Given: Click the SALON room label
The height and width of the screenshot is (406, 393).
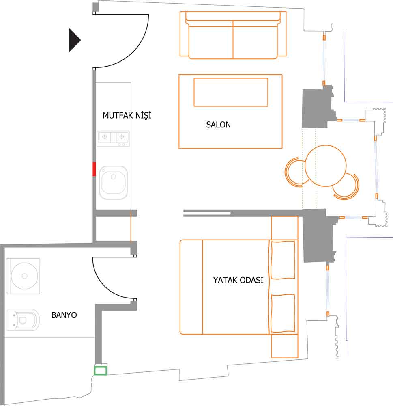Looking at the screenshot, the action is [218, 125].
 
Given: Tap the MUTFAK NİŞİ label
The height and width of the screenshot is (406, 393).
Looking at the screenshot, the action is [127, 115].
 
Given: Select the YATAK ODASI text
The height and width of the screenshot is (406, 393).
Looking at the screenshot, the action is [238, 280].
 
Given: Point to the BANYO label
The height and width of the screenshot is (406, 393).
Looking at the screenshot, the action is [64, 315].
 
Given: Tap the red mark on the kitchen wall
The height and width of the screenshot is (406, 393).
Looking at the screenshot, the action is [94, 169].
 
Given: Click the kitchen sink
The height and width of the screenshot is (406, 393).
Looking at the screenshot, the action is [113, 182].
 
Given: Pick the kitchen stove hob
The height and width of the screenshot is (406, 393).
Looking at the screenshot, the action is [113, 138].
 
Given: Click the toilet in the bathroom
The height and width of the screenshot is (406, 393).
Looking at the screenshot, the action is [23, 320].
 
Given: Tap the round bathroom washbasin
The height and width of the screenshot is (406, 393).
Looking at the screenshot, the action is [24, 276].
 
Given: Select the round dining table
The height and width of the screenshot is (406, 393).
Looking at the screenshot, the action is [326, 166].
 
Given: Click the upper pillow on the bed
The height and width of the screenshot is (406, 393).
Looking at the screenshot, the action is [283, 260].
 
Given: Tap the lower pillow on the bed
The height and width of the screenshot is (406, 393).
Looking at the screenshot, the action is [283, 313].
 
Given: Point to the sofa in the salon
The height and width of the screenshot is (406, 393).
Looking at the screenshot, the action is [233, 35].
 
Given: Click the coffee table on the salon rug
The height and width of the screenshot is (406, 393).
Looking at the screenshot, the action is [231, 92].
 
